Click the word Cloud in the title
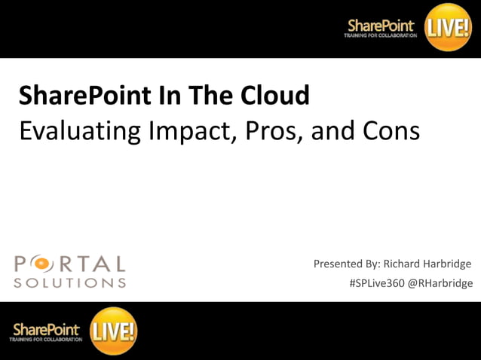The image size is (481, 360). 274,96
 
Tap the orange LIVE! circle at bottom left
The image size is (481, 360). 113,330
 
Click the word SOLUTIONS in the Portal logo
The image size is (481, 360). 69,283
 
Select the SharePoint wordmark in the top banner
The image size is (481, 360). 381,25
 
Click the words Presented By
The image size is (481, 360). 346,264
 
